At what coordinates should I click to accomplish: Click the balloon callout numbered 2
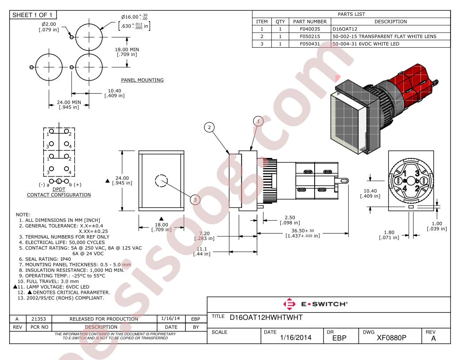[209, 127]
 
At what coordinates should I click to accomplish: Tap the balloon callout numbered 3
[195, 199]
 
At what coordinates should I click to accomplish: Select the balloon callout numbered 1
[258, 121]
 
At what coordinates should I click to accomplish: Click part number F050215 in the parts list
[310, 36]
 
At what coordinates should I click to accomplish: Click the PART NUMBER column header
[310, 22]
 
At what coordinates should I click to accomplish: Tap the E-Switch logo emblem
[289, 304]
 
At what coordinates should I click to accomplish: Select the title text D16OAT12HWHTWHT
[266, 318]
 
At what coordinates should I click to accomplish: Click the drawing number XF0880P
[391, 338]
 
